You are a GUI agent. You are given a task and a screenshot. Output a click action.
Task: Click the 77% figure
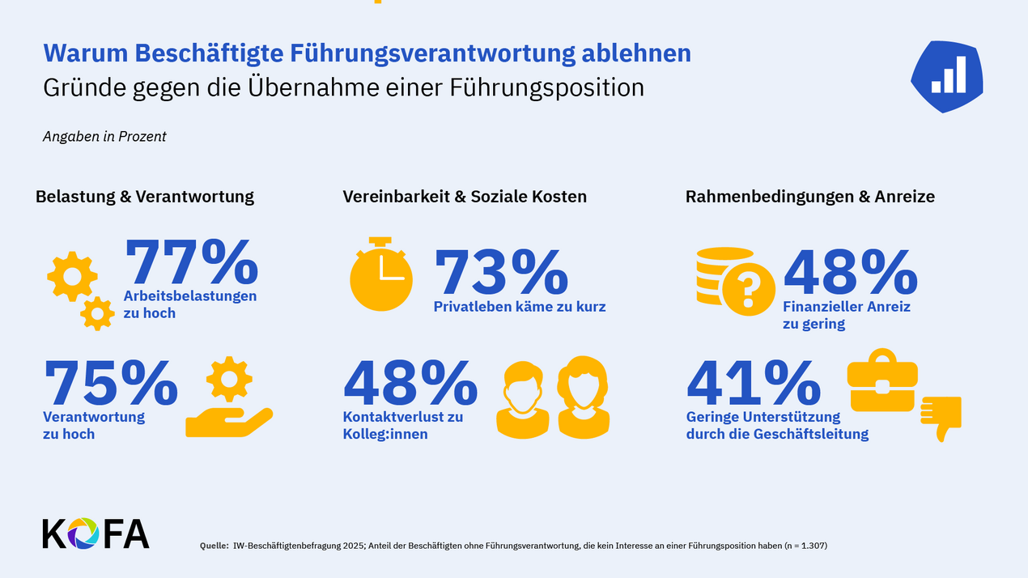[x=191, y=261]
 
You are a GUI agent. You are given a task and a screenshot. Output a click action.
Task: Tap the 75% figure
[x=110, y=382]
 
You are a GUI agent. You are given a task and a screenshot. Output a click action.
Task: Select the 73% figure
[x=501, y=272]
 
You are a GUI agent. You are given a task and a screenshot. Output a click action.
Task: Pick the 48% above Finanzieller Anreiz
[x=850, y=272]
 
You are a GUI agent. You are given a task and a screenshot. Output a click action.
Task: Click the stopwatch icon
[x=380, y=274]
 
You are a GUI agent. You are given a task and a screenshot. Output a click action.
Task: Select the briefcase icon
[x=882, y=380]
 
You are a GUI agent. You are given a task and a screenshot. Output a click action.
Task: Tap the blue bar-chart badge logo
[x=946, y=74]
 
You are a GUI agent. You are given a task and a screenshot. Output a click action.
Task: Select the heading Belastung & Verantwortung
[x=145, y=197]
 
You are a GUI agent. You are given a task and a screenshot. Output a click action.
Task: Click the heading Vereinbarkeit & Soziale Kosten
[x=465, y=197]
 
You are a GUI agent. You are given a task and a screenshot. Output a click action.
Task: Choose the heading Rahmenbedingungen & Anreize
[x=809, y=197]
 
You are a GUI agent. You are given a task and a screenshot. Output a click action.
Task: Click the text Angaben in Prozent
[x=104, y=137]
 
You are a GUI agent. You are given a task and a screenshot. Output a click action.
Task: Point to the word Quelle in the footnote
[x=214, y=546]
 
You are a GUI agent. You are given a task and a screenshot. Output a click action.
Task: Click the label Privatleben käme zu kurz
[x=520, y=307]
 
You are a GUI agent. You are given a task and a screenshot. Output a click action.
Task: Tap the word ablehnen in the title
[x=636, y=53]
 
